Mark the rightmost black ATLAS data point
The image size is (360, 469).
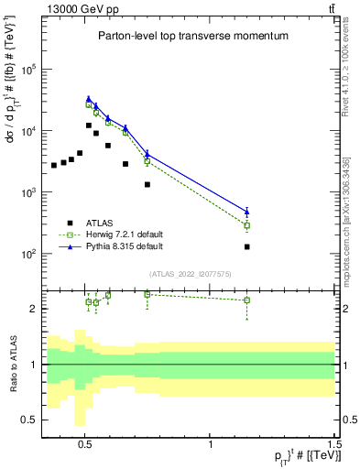[x=247, y=246]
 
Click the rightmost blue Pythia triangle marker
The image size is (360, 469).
[x=247, y=212]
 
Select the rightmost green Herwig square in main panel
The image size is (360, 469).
[x=247, y=225]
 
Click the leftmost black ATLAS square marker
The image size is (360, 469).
[x=54, y=165]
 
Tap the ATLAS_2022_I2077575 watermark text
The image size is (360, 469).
[x=189, y=274]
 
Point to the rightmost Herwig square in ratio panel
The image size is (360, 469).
[x=247, y=300]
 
